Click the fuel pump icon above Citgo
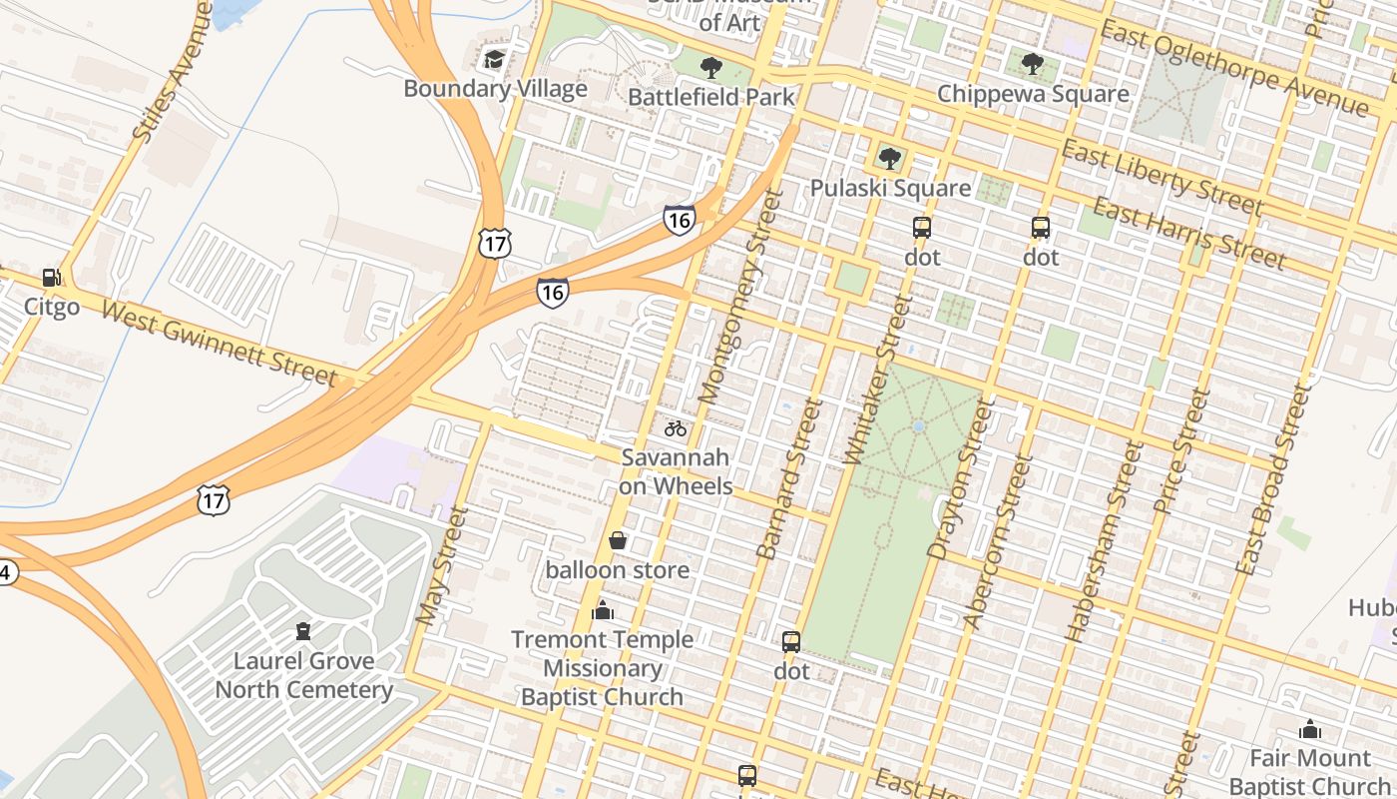pos(51,278)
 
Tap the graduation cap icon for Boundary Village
pos(494,60)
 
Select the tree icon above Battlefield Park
pos(710,68)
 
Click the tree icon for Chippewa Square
pos(1033,65)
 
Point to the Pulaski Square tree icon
pos(889,159)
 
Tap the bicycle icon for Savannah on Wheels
pos(676,428)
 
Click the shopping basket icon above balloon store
pos(618,540)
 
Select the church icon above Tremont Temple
pos(603,610)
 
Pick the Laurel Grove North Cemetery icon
pos(303,631)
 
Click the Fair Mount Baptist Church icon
pos(1310,730)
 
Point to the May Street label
pos(441,566)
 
